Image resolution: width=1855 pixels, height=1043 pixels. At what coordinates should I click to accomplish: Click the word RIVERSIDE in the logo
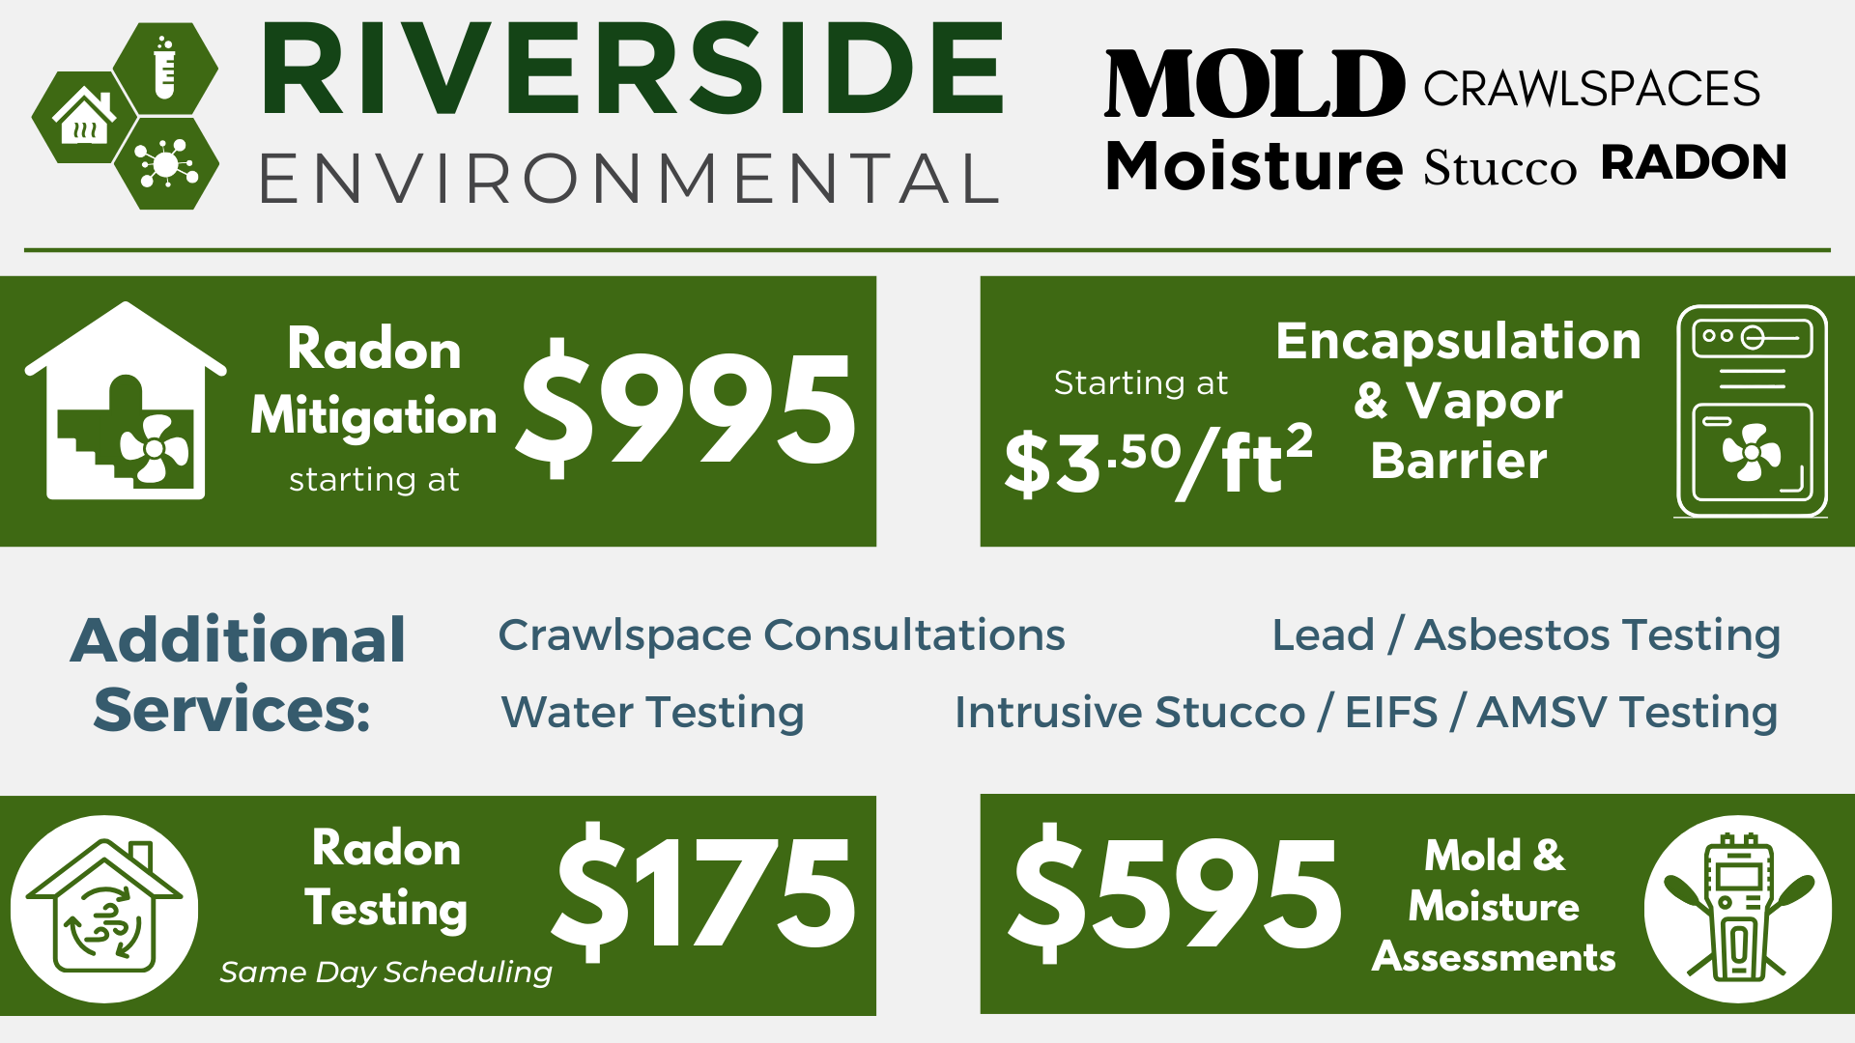(633, 69)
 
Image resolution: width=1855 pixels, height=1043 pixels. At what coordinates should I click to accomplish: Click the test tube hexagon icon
(165, 68)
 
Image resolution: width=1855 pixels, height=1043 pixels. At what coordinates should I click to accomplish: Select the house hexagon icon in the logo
(83, 117)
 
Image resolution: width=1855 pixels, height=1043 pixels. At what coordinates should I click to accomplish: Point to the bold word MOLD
(1254, 85)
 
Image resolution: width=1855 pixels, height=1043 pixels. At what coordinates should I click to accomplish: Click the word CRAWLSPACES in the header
(1591, 89)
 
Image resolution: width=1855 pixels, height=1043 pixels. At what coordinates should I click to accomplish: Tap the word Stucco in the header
(1499, 168)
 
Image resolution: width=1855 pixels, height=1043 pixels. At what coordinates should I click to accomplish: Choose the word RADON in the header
(1694, 163)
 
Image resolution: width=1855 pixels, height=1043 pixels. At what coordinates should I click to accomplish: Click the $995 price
(686, 409)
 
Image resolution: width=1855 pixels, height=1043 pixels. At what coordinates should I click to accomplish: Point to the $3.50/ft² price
(1158, 462)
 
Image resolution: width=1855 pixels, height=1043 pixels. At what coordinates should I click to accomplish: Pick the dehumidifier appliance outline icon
(1752, 411)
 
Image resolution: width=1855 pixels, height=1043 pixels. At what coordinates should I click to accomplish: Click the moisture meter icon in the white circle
(1738, 909)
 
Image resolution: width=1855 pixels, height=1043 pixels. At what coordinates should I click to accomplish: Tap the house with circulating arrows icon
(104, 909)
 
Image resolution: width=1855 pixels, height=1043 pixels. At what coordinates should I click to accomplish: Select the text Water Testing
(653, 713)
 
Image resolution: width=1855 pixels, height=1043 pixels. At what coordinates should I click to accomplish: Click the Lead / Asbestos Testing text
(1527, 635)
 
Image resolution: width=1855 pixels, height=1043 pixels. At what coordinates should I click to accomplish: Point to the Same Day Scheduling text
(385, 972)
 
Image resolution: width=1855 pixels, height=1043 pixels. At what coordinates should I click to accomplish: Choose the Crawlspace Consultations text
(782, 635)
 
